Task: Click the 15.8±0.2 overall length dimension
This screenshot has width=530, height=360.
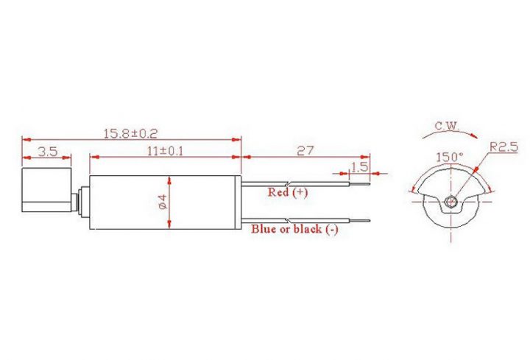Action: [130, 134]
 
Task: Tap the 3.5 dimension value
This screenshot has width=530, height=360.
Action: [47, 152]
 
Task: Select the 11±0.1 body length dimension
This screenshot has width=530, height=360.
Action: [166, 151]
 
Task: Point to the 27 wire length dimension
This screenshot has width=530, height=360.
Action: [305, 151]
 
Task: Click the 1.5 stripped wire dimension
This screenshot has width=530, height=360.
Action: [359, 167]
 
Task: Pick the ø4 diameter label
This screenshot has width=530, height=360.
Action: [163, 202]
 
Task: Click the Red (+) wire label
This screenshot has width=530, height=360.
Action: [288, 192]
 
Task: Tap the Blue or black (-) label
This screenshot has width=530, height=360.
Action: [294, 229]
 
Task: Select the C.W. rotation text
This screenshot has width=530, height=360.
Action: [447, 126]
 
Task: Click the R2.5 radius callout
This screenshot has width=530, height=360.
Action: [504, 147]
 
